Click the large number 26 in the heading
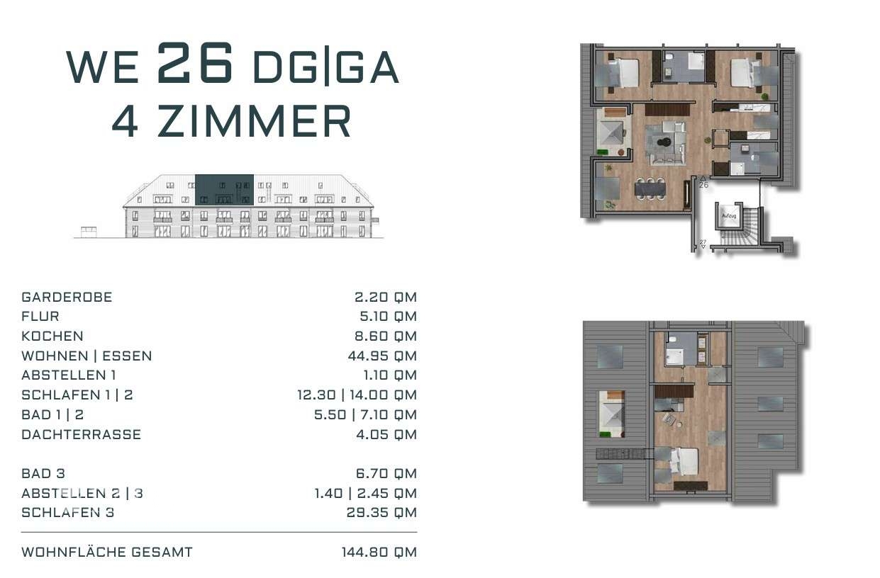(x=195, y=63)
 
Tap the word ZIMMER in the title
(x=254, y=121)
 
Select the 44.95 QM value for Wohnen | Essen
(x=382, y=356)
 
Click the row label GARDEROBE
(x=67, y=297)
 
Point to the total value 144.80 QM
(x=379, y=552)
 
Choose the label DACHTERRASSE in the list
(x=82, y=434)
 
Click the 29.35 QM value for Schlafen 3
(x=381, y=512)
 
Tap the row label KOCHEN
(x=52, y=336)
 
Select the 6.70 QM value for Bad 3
(x=386, y=474)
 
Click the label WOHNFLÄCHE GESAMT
(x=107, y=552)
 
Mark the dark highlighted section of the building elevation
(x=224, y=190)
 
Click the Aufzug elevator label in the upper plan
(x=729, y=216)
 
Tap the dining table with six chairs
(x=650, y=189)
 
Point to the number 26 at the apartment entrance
(x=703, y=185)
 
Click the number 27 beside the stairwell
(x=703, y=242)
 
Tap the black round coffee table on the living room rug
(x=664, y=142)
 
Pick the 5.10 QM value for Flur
(x=388, y=317)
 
